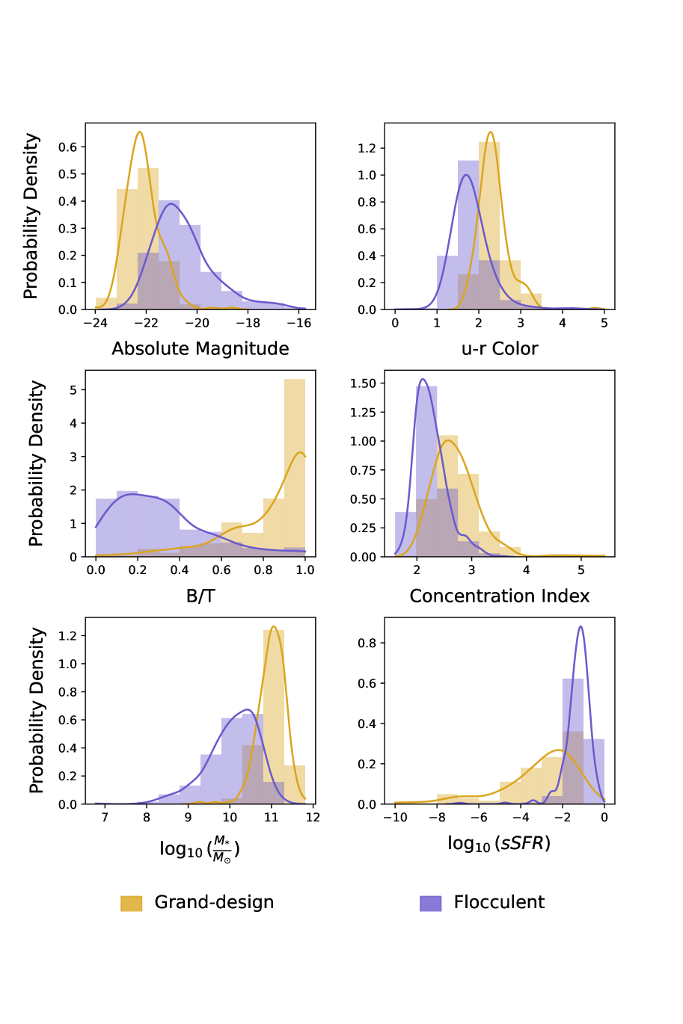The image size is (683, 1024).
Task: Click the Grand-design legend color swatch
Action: tap(131, 903)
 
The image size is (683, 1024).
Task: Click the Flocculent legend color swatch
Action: tap(430, 903)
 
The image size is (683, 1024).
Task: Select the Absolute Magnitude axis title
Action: tap(200, 349)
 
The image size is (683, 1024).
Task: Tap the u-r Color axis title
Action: tap(500, 349)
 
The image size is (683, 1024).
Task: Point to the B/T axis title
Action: tap(200, 596)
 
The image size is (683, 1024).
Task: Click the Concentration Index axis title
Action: tap(500, 596)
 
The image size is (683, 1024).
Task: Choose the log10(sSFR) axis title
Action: tap(499, 844)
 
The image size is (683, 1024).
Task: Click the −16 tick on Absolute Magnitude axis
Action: tap(299, 323)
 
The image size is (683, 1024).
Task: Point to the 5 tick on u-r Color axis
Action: tap(604, 323)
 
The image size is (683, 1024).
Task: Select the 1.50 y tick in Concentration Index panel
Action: tap(363, 383)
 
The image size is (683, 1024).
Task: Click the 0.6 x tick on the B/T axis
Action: tap(221, 570)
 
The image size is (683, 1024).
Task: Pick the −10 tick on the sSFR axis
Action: tap(395, 817)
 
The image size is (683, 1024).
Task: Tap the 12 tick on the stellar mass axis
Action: tap(313, 817)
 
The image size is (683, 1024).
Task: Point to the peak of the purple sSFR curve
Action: tap(581, 626)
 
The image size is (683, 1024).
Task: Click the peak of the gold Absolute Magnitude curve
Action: tap(139, 132)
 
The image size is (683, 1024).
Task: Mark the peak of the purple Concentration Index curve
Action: tap(423, 379)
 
